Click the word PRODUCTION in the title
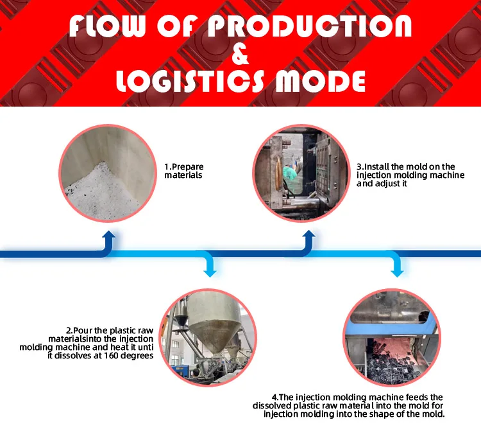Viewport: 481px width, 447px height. (x=310, y=26)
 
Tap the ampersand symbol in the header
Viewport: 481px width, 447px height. (x=240, y=54)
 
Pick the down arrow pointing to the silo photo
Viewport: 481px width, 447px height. (x=210, y=267)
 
